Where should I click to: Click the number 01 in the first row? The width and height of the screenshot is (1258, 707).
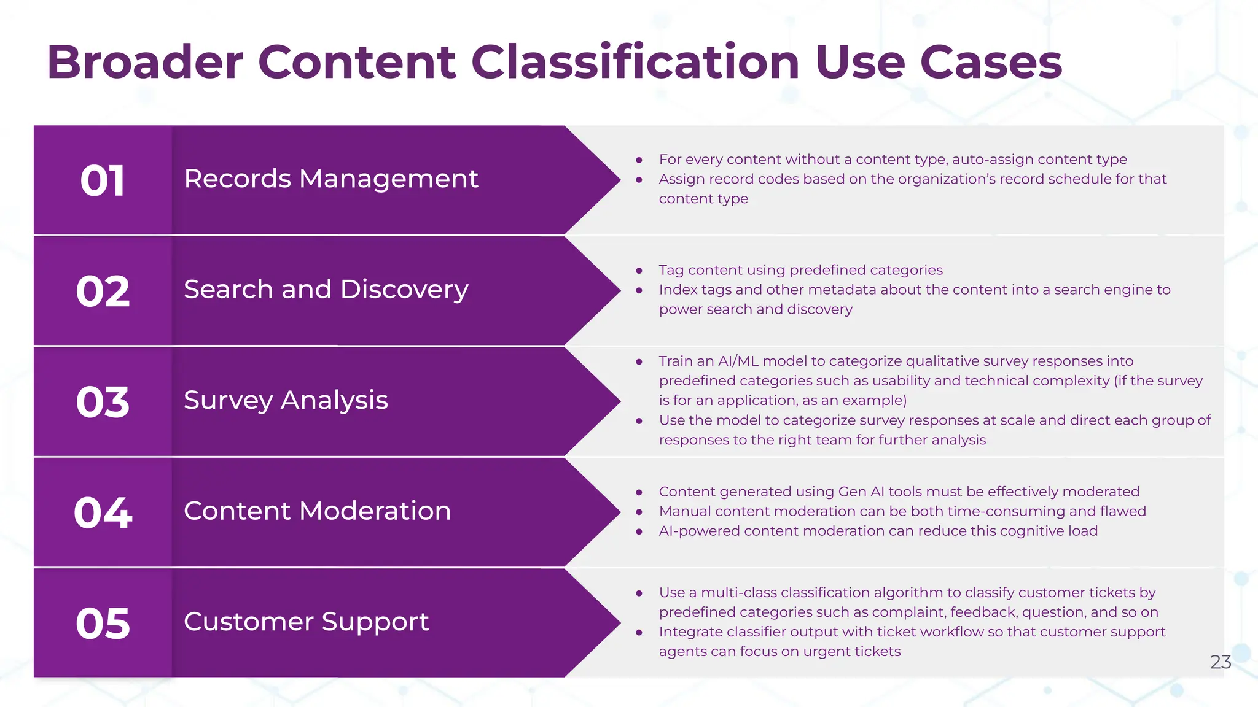103,181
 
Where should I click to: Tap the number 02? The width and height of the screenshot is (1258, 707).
103,292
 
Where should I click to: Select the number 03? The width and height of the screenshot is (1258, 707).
103,403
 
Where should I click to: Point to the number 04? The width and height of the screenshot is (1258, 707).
103,513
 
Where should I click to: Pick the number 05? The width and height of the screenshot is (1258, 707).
103,624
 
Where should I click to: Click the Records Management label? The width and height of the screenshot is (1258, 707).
330,179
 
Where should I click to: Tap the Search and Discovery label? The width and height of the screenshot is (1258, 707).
326,290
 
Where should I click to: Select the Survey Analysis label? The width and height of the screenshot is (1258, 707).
286,401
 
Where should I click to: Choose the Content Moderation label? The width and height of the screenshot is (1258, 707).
317,511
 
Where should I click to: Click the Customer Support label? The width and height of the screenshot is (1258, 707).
306,622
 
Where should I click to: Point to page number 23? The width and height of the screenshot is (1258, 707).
1220,662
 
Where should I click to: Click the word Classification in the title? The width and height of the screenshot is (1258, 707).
635,62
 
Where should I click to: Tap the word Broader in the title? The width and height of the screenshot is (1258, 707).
145,62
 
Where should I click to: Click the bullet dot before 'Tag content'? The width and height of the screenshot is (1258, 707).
639,271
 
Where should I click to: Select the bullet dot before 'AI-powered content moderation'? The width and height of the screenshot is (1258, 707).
639,531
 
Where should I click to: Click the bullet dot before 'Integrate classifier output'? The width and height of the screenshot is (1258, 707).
639,632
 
